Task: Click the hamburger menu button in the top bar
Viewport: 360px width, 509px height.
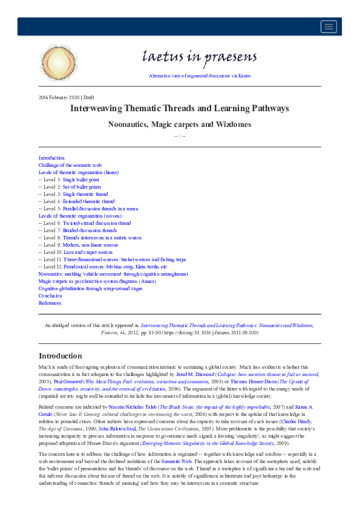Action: (329, 26)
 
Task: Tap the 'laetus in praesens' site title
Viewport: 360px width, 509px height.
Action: (199, 57)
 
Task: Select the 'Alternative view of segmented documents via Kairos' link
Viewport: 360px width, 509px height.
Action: (199, 76)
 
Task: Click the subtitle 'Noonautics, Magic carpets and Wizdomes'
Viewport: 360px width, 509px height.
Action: (179, 125)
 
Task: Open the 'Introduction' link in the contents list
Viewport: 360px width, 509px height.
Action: (51, 158)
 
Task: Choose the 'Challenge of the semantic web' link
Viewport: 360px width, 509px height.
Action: (70, 165)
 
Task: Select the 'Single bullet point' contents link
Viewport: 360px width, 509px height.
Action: (81, 180)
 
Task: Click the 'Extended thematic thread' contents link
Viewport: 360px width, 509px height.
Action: (88, 201)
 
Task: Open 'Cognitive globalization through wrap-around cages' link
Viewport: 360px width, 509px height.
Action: (91, 288)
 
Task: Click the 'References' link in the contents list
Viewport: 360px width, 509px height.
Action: (50, 303)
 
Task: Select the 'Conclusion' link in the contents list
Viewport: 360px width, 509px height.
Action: (50, 296)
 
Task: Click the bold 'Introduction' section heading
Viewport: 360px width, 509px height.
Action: (60, 355)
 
